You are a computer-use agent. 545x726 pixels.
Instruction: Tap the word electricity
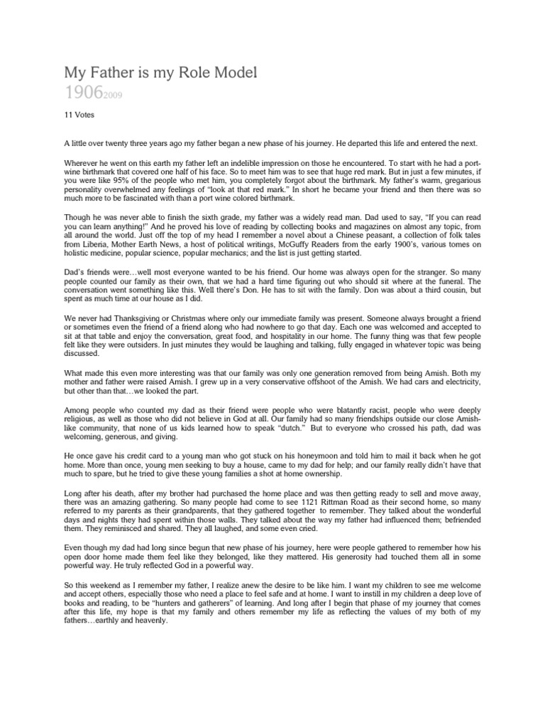tap(452, 380)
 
